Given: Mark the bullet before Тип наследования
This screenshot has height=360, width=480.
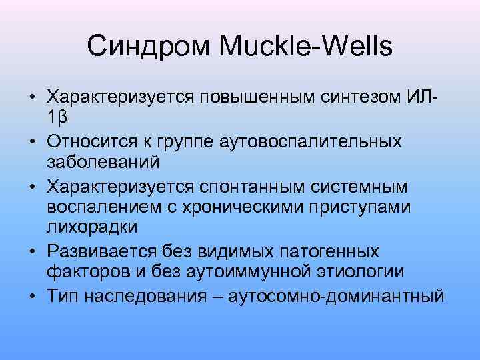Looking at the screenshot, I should [x=32, y=294].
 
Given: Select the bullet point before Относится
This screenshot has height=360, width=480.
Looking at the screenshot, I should [x=32, y=141].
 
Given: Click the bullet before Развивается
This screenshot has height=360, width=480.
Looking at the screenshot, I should [x=32, y=251].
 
